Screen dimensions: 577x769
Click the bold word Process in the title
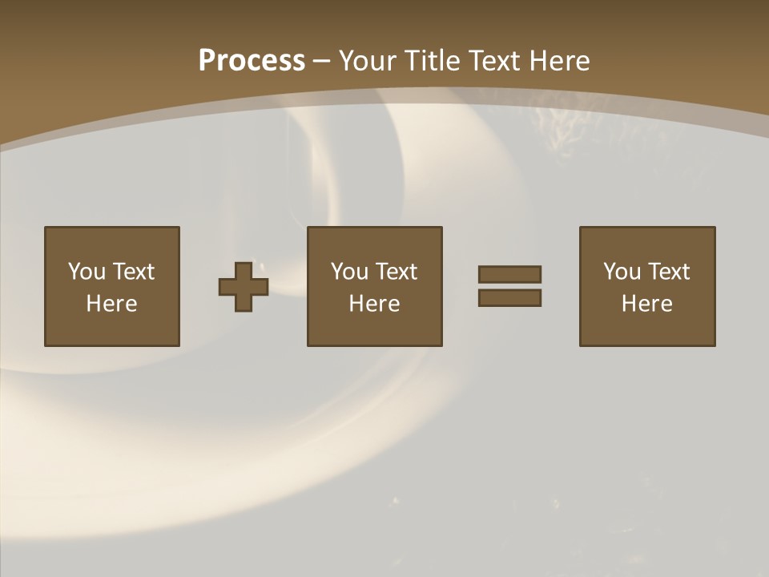pos(252,61)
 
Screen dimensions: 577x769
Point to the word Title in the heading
pos(432,61)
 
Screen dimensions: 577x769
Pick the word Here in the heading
pos(561,61)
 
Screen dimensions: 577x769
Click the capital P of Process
pos(207,61)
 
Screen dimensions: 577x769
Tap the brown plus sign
pos(244,287)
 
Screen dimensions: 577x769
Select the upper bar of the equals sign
pos(509,274)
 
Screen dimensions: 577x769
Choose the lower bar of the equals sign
pos(509,298)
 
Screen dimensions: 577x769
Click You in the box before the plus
pos(87,272)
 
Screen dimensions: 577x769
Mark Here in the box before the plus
pos(111,304)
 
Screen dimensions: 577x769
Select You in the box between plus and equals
pos(349,272)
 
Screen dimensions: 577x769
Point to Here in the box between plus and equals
pos(374,304)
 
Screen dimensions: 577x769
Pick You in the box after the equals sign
pos(622,272)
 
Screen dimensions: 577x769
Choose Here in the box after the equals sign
pos(646,304)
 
